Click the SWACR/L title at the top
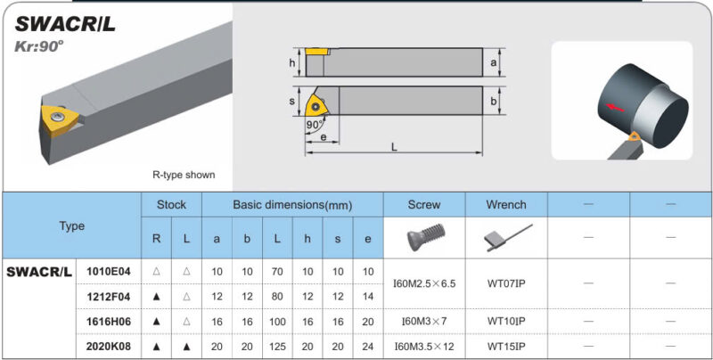point(65,24)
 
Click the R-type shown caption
point(184,175)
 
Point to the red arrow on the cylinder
point(615,108)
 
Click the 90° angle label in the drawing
point(314,125)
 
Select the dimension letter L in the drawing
point(394,147)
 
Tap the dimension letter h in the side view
point(292,63)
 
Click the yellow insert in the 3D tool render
point(59,119)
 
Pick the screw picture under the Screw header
point(424,238)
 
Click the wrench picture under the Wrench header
point(507,237)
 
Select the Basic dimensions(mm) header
point(292,205)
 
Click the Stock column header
point(171,205)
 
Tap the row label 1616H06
point(109,322)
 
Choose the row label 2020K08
point(109,347)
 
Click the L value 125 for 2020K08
point(277,347)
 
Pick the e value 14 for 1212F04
point(368,297)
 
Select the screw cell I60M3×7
point(424,322)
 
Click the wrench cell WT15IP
point(506,347)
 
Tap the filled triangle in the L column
point(186,347)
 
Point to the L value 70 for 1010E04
point(277,272)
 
